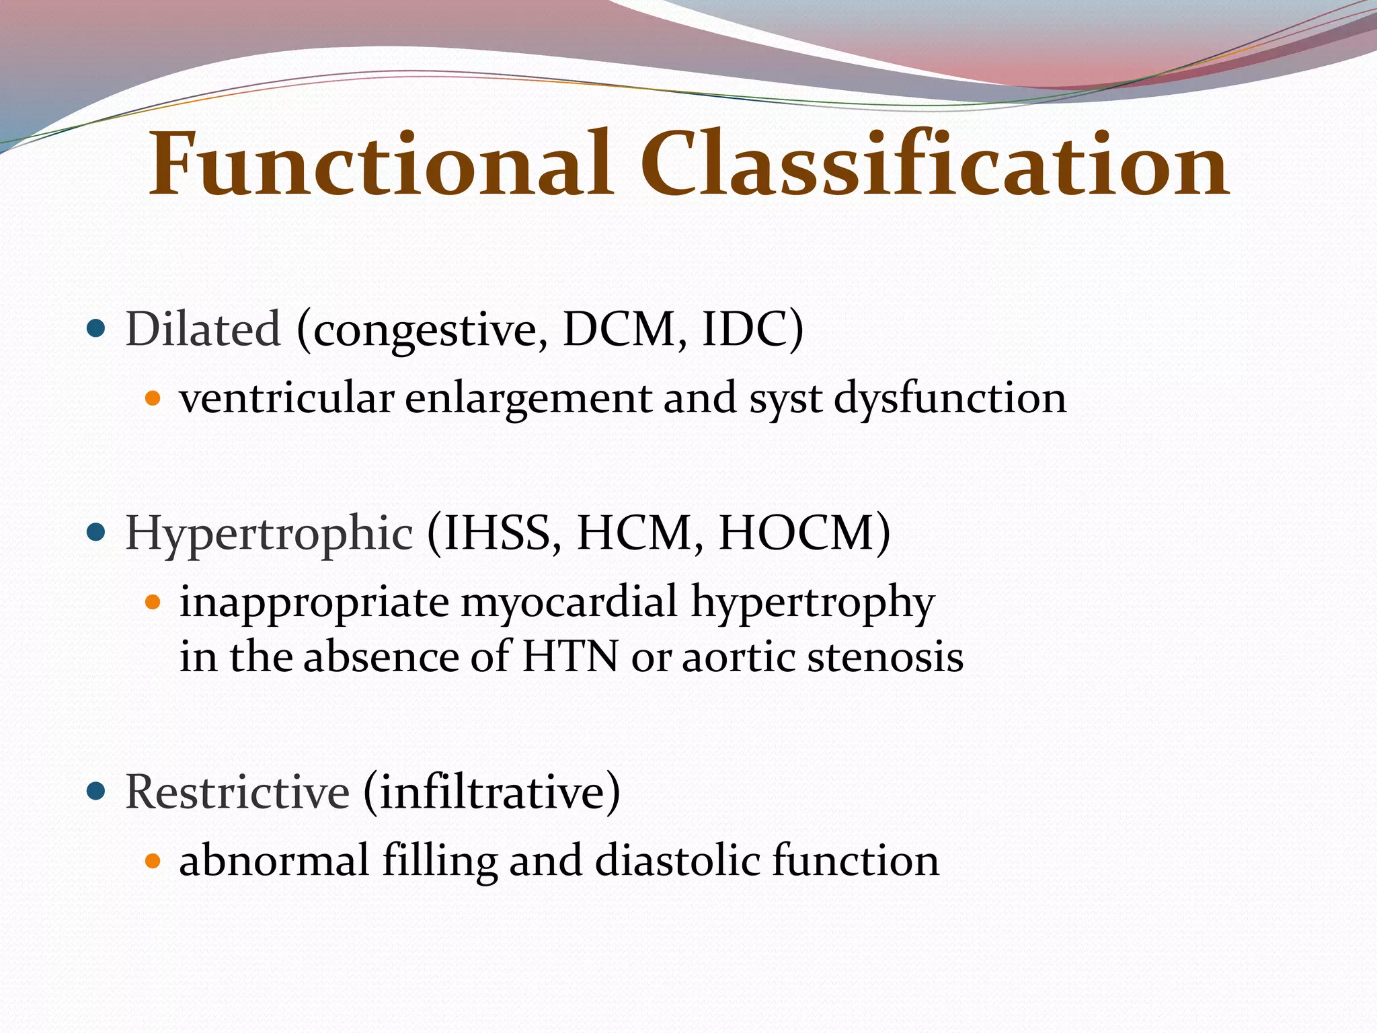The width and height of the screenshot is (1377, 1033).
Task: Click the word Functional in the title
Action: pos(380,165)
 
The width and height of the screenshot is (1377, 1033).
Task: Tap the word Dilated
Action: pos(203,330)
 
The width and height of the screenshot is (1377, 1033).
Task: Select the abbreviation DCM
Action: pos(619,330)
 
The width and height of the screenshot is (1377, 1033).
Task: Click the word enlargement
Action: pos(528,398)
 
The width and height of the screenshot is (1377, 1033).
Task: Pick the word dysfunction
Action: pos(949,398)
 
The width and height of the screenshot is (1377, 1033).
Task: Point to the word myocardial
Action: pos(569,601)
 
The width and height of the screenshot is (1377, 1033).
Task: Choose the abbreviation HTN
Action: pos(569,656)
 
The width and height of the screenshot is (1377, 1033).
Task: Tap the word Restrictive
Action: pos(237,792)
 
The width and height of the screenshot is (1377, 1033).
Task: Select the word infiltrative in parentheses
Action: pos(492,792)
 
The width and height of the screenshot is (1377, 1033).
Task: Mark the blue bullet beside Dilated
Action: pos(97,329)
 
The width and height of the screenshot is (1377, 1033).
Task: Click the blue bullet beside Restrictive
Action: pos(97,792)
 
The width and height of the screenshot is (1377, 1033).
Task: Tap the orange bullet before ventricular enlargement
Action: pos(153,398)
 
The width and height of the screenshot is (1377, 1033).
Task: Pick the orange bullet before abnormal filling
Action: pos(153,861)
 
